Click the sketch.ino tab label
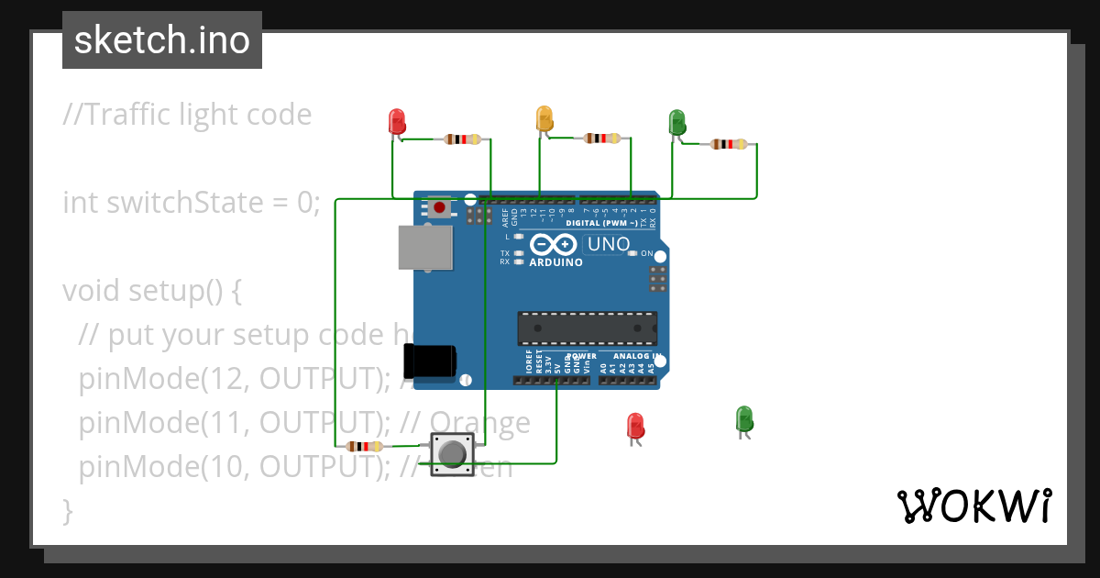click(162, 40)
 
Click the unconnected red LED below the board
click(635, 426)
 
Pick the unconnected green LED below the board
click(744, 419)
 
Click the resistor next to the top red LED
click(462, 139)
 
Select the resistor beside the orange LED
click(601, 139)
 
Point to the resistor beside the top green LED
click(729, 144)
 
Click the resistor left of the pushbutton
click(365, 447)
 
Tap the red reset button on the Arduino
click(440, 207)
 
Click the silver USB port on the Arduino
click(425, 248)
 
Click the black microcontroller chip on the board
click(587, 328)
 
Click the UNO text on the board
click(609, 244)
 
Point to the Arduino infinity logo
click(554, 245)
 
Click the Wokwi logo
click(973, 506)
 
